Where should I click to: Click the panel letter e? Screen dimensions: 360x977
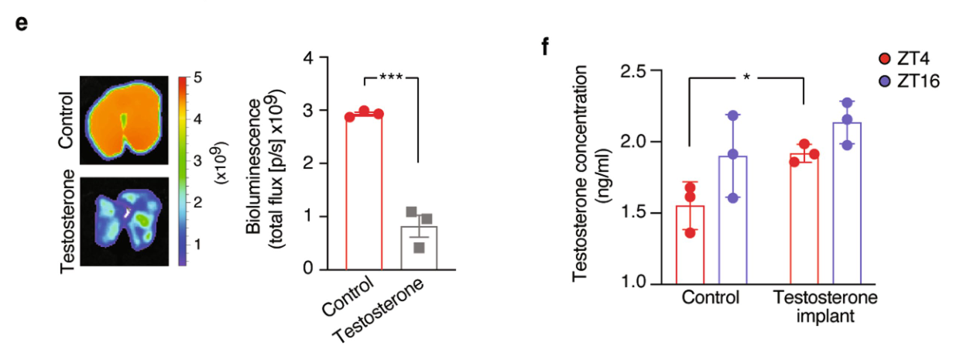(x=22, y=22)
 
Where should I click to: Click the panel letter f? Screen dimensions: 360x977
(x=547, y=46)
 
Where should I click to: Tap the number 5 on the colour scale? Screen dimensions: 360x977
(x=198, y=78)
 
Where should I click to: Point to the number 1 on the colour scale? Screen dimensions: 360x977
(x=198, y=244)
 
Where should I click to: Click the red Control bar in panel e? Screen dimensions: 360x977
(x=365, y=194)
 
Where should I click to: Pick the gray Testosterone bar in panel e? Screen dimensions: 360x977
(x=419, y=248)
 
